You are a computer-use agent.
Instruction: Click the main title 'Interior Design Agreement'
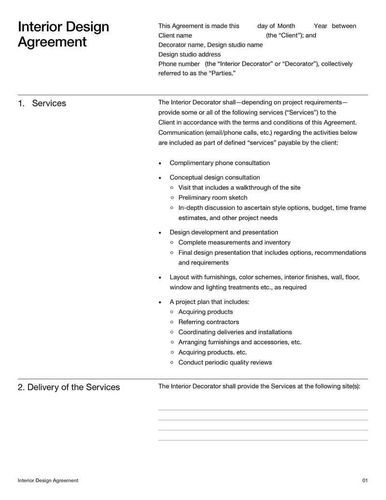63,34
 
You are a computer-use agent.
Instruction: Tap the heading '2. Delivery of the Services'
69,387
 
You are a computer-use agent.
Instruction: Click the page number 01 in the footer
365,481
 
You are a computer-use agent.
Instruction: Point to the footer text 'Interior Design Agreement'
48,481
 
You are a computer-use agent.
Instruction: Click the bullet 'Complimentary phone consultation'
220,163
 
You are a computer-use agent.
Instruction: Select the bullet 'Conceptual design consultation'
215,177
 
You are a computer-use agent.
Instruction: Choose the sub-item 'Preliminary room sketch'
212,198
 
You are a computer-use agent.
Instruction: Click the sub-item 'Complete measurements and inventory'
234,243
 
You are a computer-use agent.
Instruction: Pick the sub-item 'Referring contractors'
208,322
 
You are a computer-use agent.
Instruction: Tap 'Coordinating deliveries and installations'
235,332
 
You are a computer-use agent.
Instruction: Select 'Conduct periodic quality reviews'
225,363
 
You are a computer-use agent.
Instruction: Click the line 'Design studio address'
190,55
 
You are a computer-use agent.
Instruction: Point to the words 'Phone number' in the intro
179,64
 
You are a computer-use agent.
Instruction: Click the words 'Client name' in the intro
175,36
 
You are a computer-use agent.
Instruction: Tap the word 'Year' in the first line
320,26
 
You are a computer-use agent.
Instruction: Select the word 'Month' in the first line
286,26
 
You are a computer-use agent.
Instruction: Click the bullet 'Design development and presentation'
224,232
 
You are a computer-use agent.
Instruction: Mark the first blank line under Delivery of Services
263,410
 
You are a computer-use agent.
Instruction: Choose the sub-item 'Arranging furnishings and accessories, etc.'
240,343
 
